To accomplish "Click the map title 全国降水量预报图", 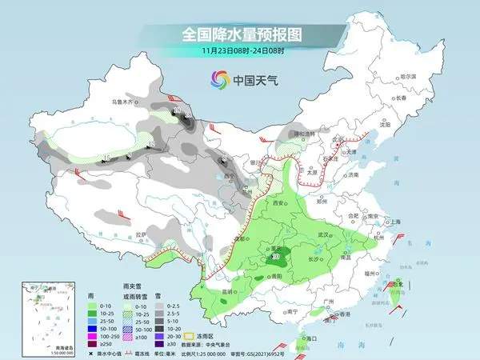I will pos(240,34).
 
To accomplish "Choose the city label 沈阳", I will pos(386,125).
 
